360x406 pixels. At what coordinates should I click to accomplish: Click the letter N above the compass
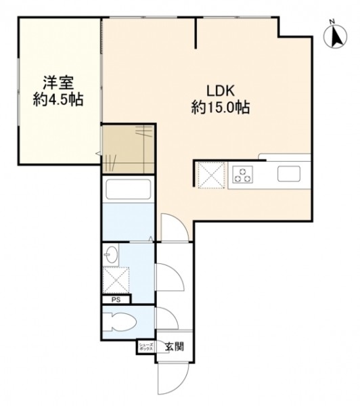pos(332,22)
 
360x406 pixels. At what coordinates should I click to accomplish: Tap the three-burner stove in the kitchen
pos(243,175)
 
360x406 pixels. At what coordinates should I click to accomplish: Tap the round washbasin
pos(112,256)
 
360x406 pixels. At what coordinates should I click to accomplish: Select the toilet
pos(120,321)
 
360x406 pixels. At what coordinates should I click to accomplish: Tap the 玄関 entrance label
pos(175,346)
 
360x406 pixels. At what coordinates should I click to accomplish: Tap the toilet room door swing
pos(166,318)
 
